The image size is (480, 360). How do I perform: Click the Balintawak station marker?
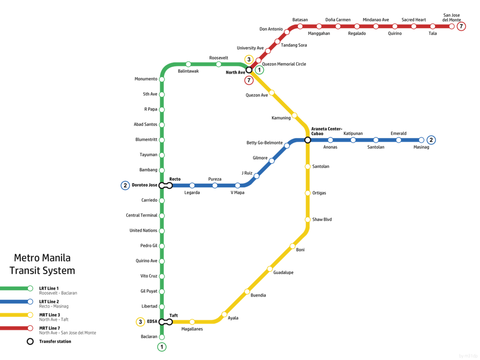(x=188, y=64)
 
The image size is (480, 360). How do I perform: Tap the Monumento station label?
(x=146, y=79)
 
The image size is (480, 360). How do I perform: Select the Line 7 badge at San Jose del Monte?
(x=461, y=27)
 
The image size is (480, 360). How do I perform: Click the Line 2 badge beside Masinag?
(x=431, y=140)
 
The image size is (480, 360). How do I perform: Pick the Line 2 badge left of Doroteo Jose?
(x=125, y=185)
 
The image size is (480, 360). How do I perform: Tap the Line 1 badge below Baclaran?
(x=161, y=347)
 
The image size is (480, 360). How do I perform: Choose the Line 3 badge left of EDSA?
(x=140, y=322)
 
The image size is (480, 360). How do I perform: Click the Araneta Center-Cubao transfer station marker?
(x=308, y=140)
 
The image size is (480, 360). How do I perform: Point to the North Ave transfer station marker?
(x=249, y=70)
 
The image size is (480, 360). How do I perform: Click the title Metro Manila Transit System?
(x=42, y=265)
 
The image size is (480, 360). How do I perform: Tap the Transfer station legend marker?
(x=30, y=341)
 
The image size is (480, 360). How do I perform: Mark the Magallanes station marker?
(x=192, y=322)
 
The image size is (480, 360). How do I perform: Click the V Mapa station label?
(x=237, y=193)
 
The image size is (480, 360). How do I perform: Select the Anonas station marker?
(x=330, y=140)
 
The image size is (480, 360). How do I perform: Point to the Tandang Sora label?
(x=294, y=45)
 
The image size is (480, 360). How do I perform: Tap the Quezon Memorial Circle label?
(x=284, y=64)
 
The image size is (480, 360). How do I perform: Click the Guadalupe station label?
(x=283, y=272)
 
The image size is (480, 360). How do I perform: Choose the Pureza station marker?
(x=215, y=185)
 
